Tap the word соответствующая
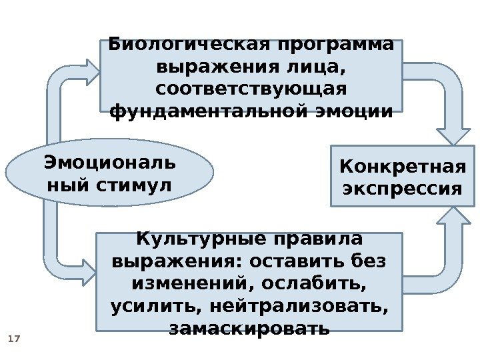click(x=251, y=89)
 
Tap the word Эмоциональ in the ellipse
click(x=110, y=160)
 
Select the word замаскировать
click(x=250, y=328)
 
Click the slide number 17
click(x=13, y=340)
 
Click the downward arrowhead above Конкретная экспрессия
click(x=455, y=133)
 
